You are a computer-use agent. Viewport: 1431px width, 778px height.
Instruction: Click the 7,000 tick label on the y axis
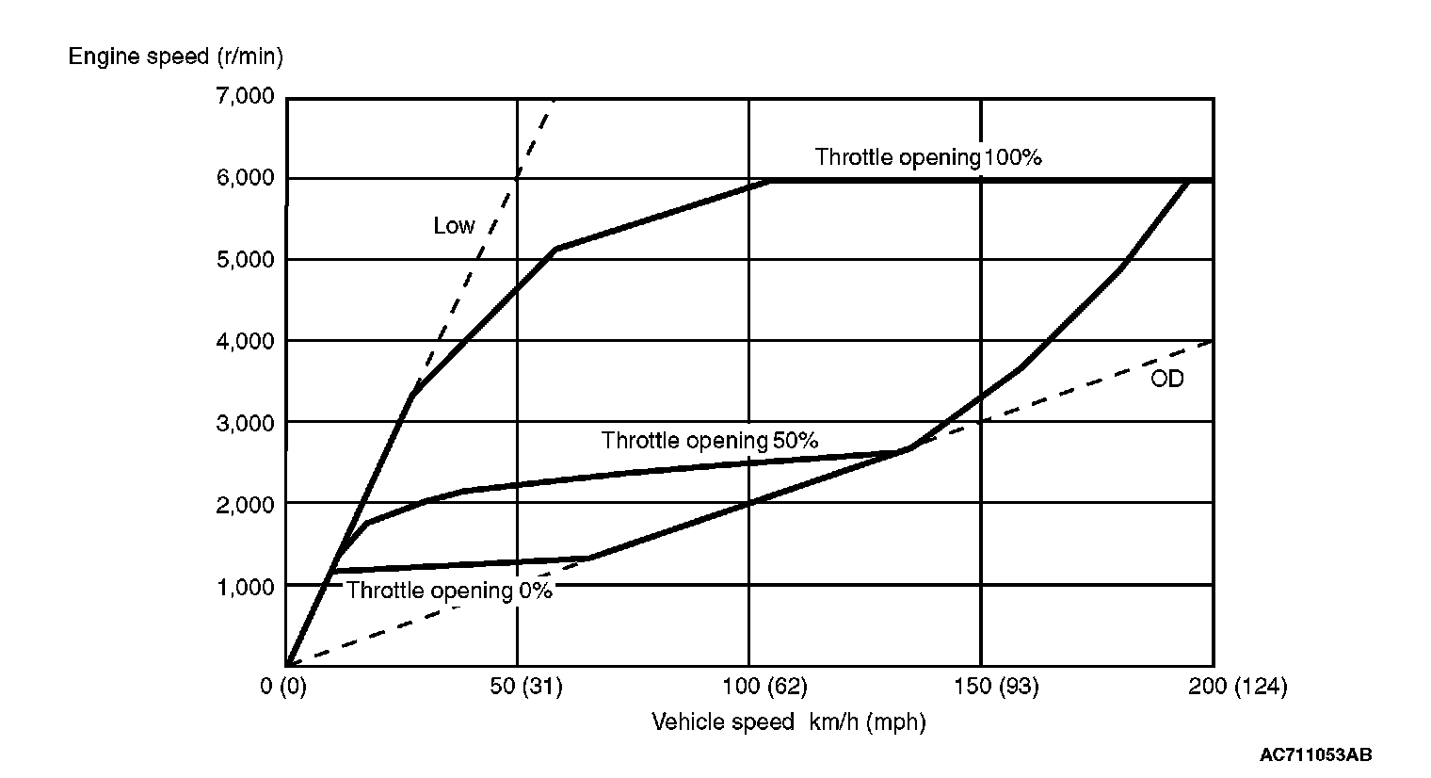[245, 96]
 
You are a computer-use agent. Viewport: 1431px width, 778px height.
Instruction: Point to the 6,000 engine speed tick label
[245, 178]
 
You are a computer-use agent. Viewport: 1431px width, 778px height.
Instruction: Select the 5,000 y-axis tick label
[245, 259]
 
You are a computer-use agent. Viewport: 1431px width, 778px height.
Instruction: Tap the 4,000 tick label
[245, 341]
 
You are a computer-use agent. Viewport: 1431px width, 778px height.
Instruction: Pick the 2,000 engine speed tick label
[245, 504]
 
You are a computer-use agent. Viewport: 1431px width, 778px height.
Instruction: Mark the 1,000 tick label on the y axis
[245, 586]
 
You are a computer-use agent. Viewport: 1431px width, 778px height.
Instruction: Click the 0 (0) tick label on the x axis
[283, 687]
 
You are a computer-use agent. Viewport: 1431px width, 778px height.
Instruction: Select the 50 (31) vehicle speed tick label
[527, 687]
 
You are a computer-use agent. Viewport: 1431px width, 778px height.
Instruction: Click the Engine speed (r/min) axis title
[175, 57]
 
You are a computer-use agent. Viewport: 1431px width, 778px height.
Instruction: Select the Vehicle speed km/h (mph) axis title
[789, 722]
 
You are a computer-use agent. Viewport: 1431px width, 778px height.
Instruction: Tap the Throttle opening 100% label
[928, 157]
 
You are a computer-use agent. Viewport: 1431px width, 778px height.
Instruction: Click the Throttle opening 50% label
[710, 440]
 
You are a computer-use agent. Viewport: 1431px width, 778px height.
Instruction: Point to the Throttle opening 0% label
[449, 592]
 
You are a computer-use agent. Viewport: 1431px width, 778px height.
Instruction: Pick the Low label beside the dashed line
[454, 226]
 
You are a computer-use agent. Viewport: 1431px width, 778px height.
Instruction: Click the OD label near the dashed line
[1166, 380]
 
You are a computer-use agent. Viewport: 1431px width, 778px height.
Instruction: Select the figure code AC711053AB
[1315, 754]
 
